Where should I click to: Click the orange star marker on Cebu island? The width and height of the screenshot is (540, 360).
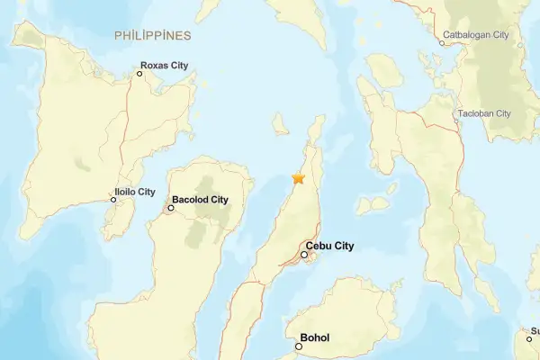tap(298, 178)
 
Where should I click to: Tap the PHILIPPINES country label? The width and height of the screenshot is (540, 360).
tap(153, 35)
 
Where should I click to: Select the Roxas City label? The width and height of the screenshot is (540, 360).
tap(167, 65)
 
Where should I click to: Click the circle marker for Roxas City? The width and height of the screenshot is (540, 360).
tap(139, 73)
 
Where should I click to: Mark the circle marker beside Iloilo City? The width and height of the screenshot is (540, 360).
tap(113, 200)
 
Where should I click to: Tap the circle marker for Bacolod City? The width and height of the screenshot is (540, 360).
tap(171, 208)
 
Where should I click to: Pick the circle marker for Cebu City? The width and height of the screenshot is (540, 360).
tap(305, 255)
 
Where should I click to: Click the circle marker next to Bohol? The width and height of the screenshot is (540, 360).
tap(300, 346)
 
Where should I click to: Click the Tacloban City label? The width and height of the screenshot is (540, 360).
tap(484, 113)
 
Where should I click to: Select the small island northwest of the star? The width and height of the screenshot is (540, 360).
tap(280, 122)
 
